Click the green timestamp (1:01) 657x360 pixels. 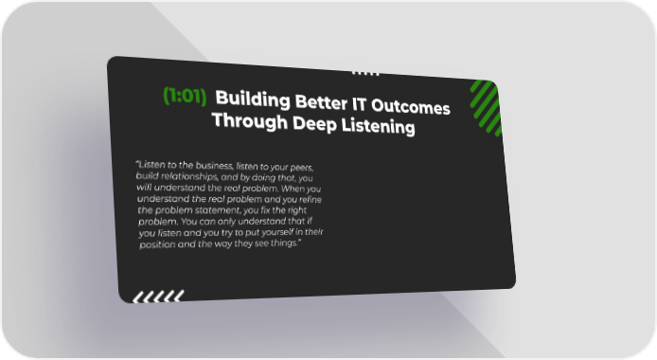(185, 96)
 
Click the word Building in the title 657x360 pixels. (253, 99)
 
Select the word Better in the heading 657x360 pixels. (321, 102)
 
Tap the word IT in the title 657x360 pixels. (359, 104)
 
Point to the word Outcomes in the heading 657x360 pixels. (411, 107)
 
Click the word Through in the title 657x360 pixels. (250, 121)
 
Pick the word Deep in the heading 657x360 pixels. (314, 124)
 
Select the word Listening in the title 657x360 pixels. (378, 126)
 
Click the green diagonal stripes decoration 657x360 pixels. (486, 108)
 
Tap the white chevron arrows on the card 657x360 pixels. (158, 297)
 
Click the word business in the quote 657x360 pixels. (214, 166)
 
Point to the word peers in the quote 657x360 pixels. (302, 168)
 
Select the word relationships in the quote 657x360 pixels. (189, 176)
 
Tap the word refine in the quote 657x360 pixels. (311, 200)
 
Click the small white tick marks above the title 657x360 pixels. (365, 73)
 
